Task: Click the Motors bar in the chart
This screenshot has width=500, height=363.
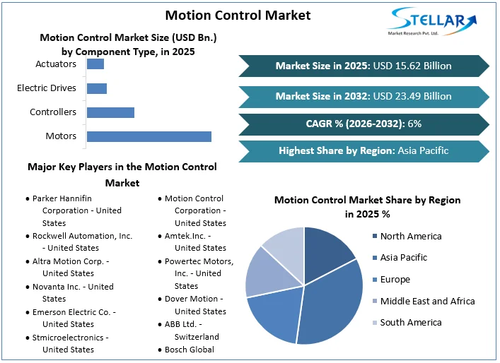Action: tap(149, 136)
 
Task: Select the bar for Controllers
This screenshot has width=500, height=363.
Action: tap(110, 112)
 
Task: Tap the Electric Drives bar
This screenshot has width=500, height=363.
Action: tap(97, 88)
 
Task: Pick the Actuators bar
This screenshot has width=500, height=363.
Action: tap(95, 64)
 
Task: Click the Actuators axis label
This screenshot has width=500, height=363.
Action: tap(56, 64)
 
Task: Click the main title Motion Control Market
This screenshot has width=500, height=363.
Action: tap(238, 15)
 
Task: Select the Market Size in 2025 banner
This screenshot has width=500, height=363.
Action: tap(364, 66)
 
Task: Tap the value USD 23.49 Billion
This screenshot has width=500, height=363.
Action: tap(412, 96)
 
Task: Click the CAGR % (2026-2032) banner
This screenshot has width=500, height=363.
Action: tap(364, 124)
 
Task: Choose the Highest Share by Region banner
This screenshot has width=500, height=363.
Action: tap(364, 150)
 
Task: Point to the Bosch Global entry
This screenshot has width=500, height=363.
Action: tap(189, 350)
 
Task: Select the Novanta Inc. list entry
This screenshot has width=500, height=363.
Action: tap(73, 292)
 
